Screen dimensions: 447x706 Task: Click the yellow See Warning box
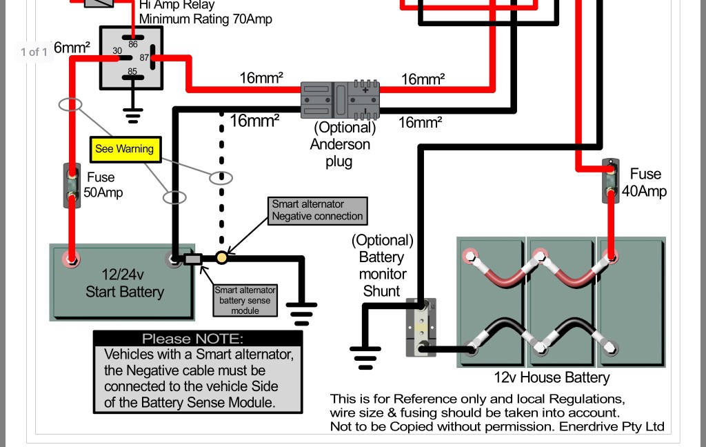(125, 149)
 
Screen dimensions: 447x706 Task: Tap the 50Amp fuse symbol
(71, 186)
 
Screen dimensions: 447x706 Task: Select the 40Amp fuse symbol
(610, 181)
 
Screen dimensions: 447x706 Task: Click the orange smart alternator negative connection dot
(222, 258)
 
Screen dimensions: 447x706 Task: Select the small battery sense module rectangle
(192, 259)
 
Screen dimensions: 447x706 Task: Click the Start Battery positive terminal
(70, 259)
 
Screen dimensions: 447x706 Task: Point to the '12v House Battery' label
(552, 377)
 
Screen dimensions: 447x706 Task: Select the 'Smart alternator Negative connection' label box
(317, 210)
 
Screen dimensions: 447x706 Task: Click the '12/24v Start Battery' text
(124, 283)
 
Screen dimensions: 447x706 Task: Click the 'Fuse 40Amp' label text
(645, 182)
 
